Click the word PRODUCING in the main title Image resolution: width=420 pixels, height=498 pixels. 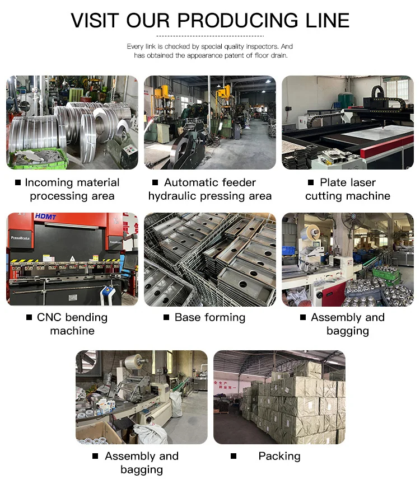pyautogui.click(x=237, y=21)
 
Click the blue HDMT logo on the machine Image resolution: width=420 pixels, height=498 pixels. pyautogui.click(x=45, y=217)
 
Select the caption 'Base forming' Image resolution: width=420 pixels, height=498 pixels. pyautogui.click(x=210, y=317)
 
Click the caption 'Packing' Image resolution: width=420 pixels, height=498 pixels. pyautogui.click(x=279, y=457)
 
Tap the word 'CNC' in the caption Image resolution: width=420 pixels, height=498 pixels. pyautogui.click(x=49, y=317)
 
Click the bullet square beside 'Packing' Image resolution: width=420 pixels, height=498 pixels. pyautogui.click(x=234, y=456)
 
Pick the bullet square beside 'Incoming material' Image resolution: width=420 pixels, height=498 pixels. pyautogui.click(x=18, y=182)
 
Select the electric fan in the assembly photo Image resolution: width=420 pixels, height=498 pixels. pyautogui.click(x=353, y=220)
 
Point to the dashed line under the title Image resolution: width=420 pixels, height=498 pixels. pyautogui.click(x=210, y=36)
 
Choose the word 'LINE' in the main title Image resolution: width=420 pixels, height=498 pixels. pyautogui.click(x=328, y=21)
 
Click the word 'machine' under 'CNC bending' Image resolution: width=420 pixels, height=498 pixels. pyautogui.click(x=72, y=331)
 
